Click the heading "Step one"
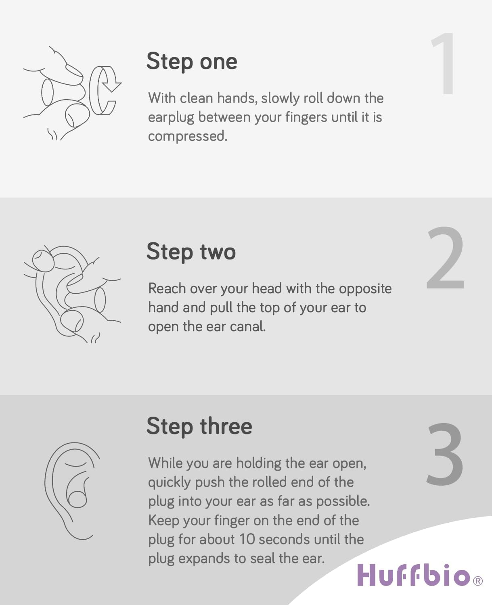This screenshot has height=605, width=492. pos(191,62)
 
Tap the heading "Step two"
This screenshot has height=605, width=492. pos(191,252)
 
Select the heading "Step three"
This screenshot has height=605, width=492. pos(199,426)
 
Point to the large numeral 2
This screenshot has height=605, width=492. pos(445,258)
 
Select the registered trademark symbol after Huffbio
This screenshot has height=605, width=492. pos(477,581)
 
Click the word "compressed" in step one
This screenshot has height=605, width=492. pos(187,136)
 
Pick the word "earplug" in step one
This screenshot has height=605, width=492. pos(171,117)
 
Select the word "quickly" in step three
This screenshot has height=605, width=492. pos(169,482)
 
